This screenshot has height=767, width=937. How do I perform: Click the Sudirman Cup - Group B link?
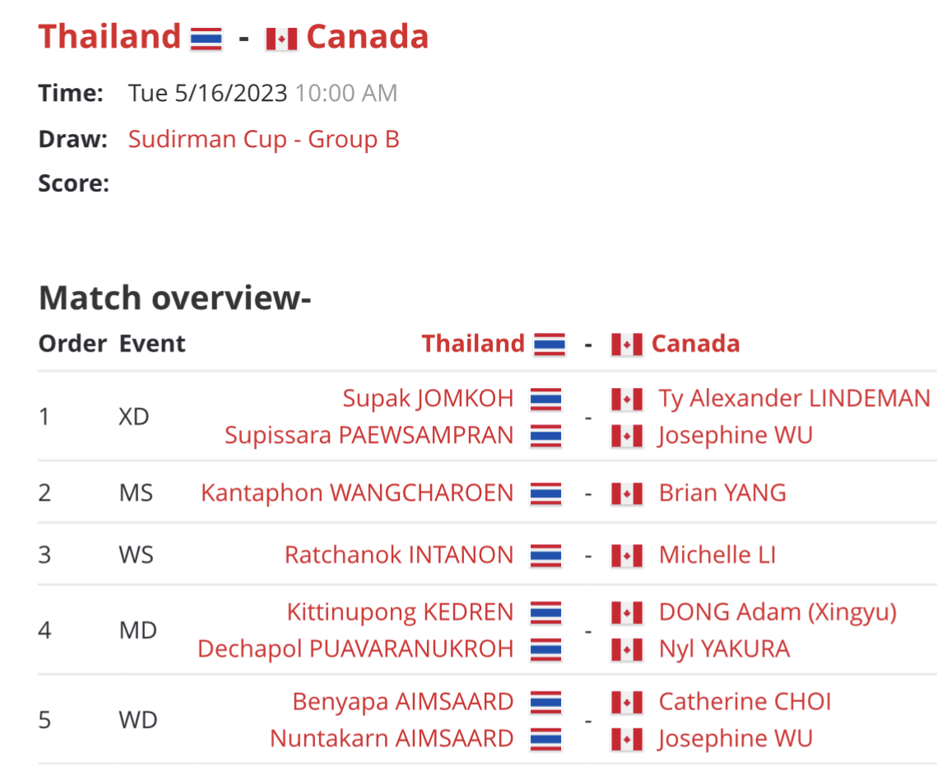(x=263, y=139)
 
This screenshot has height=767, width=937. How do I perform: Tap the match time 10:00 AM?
(x=346, y=93)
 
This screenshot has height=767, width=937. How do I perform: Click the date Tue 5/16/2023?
(x=208, y=93)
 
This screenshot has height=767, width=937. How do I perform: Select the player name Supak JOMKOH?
(x=428, y=399)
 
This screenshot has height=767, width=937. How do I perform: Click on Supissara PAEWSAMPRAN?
(x=369, y=436)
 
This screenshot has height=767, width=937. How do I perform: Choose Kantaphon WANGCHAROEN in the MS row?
(x=357, y=493)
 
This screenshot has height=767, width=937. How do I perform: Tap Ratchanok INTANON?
(x=399, y=555)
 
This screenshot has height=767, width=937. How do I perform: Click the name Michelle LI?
(x=717, y=555)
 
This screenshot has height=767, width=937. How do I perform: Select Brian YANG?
(x=722, y=493)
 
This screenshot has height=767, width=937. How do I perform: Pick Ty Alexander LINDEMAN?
(x=794, y=399)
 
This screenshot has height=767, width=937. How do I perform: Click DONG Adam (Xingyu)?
(x=777, y=612)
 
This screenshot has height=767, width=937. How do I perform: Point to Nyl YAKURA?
(x=724, y=649)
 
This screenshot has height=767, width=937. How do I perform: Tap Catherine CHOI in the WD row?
(x=744, y=702)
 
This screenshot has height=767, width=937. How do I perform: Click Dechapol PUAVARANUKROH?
(x=355, y=649)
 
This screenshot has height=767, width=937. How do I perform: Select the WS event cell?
(x=137, y=555)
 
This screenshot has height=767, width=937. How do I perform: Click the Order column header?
(x=73, y=344)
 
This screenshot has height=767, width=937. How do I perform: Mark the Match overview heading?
(x=175, y=298)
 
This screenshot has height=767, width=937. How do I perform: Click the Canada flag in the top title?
(x=281, y=39)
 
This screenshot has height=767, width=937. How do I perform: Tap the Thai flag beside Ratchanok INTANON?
(x=545, y=556)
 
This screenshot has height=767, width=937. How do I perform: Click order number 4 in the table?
(x=44, y=631)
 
